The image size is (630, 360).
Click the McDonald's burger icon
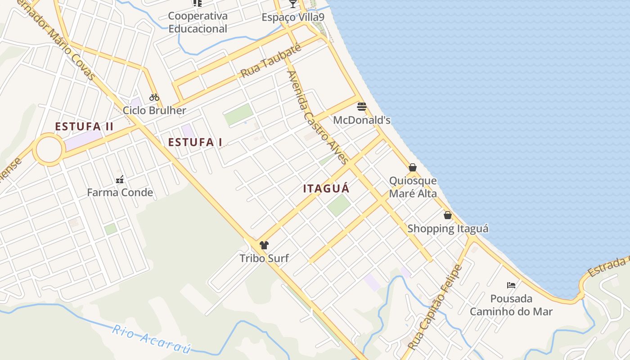(x=362, y=107)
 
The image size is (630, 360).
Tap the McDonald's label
(x=362, y=120)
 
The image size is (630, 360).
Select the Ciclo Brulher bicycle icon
(x=154, y=97)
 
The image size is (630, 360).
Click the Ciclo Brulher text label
(x=154, y=110)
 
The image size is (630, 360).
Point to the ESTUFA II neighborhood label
(x=84, y=127)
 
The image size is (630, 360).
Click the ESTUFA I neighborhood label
(x=195, y=143)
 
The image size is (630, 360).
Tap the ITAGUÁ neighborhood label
(x=326, y=189)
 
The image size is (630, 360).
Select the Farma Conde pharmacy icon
(x=120, y=180)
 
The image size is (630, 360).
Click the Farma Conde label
(x=120, y=193)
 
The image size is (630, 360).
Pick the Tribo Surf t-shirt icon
(x=264, y=245)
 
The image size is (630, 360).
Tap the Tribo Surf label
(x=264, y=258)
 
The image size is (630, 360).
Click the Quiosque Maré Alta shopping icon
(x=413, y=168)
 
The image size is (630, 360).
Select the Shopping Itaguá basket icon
(x=448, y=216)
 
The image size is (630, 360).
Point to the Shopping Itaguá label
(x=448, y=229)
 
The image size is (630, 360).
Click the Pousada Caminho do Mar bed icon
(x=511, y=285)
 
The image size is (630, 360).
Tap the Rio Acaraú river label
(x=152, y=339)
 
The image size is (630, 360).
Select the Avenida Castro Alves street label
(x=318, y=117)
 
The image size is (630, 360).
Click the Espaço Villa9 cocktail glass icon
(x=293, y=4)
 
